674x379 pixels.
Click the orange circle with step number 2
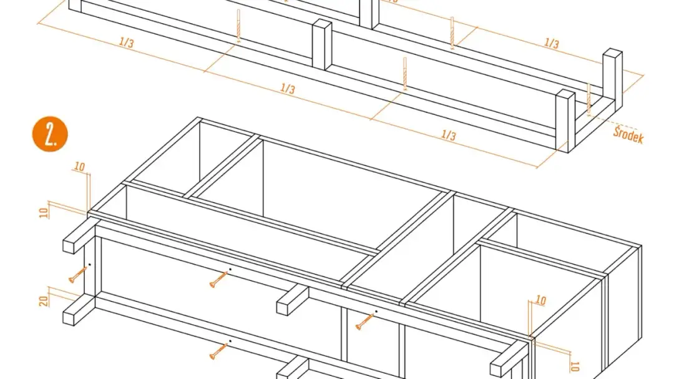(x=50, y=134)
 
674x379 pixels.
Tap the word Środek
(x=628, y=135)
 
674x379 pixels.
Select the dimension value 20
(x=44, y=301)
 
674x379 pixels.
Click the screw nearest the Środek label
(x=589, y=99)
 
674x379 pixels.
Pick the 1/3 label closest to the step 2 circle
(x=126, y=42)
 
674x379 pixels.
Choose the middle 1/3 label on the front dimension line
(x=288, y=88)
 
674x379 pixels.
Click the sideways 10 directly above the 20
(x=44, y=212)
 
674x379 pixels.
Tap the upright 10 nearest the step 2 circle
(x=79, y=167)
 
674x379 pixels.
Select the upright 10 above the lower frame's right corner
(x=540, y=300)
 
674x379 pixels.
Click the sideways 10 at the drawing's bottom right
(x=574, y=367)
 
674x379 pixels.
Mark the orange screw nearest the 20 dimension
(x=77, y=275)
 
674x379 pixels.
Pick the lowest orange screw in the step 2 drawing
(x=218, y=351)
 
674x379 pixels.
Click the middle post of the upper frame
(x=321, y=44)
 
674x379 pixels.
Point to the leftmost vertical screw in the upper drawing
(x=238, y=26)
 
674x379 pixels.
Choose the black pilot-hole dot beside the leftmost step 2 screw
(x=89, y=265)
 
